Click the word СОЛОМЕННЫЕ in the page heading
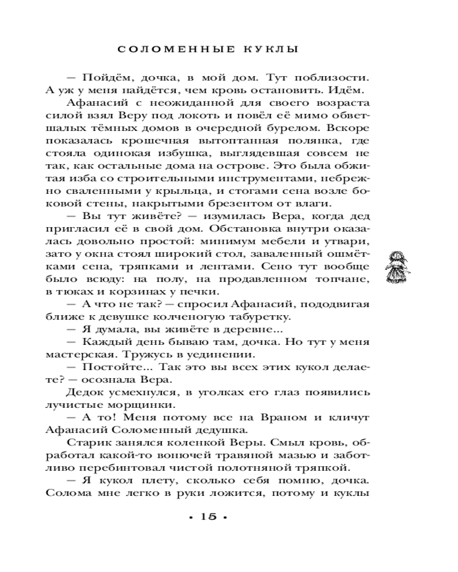[170, 50]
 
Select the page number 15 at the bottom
[208, 517]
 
